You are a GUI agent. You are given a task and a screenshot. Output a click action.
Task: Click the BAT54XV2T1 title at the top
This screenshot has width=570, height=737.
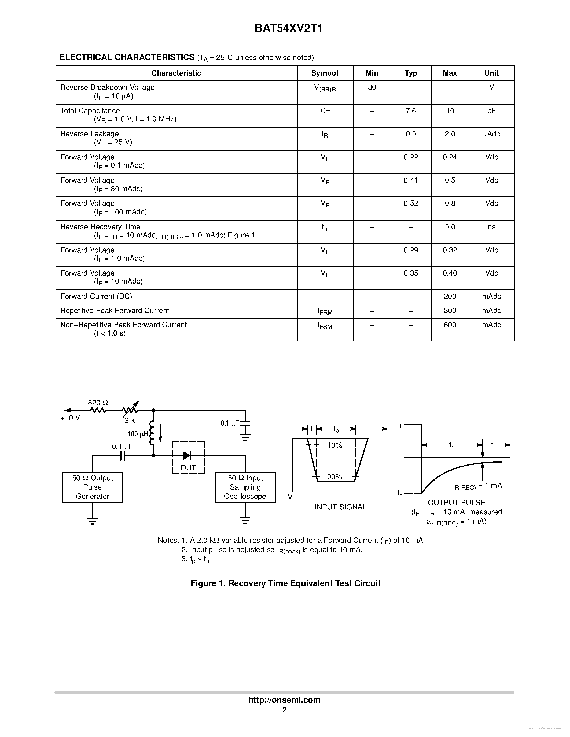(288, 28)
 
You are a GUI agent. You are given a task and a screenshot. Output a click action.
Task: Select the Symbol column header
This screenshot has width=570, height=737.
(324, 73)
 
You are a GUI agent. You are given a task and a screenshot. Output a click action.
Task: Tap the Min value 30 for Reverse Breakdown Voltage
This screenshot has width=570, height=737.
(372, 87)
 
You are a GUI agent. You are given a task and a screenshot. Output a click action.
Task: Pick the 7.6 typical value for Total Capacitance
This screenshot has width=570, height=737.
(411, 111)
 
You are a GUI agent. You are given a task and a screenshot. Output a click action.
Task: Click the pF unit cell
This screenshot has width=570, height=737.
(491, 111)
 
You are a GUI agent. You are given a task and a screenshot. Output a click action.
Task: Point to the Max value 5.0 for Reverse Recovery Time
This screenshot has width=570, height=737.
(450, 227)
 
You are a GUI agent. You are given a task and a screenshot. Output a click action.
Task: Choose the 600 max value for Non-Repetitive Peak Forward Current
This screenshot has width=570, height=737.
(450, 325)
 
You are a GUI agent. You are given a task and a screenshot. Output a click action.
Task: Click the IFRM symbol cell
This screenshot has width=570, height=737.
(325, 311)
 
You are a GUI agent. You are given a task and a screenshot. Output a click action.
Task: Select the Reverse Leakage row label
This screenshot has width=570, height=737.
(90, 134)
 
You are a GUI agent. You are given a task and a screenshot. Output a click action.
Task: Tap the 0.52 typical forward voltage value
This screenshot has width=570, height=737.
(411, 203)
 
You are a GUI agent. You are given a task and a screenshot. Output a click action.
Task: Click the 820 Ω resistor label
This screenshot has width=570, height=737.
(98, 403)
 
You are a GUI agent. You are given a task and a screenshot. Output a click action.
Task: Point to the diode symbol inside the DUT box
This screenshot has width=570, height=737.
(186, 455)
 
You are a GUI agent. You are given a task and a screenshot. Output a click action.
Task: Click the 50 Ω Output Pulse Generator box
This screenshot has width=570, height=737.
(92, 487)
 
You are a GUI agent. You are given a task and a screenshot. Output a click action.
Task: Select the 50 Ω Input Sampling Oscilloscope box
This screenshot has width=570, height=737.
(245, 487)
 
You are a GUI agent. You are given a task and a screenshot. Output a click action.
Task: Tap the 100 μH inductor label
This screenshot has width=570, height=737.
(138, 434)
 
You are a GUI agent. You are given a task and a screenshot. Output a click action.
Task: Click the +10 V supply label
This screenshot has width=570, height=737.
(70, 418)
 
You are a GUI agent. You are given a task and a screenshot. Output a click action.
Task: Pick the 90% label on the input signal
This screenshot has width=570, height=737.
(334, 477)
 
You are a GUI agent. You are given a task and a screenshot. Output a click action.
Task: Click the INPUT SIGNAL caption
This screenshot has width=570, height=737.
(340, 507)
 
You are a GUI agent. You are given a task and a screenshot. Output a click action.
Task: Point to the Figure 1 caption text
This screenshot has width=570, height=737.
(285, 583)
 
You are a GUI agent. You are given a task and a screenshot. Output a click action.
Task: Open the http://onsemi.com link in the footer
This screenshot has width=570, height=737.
(284, 700)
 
